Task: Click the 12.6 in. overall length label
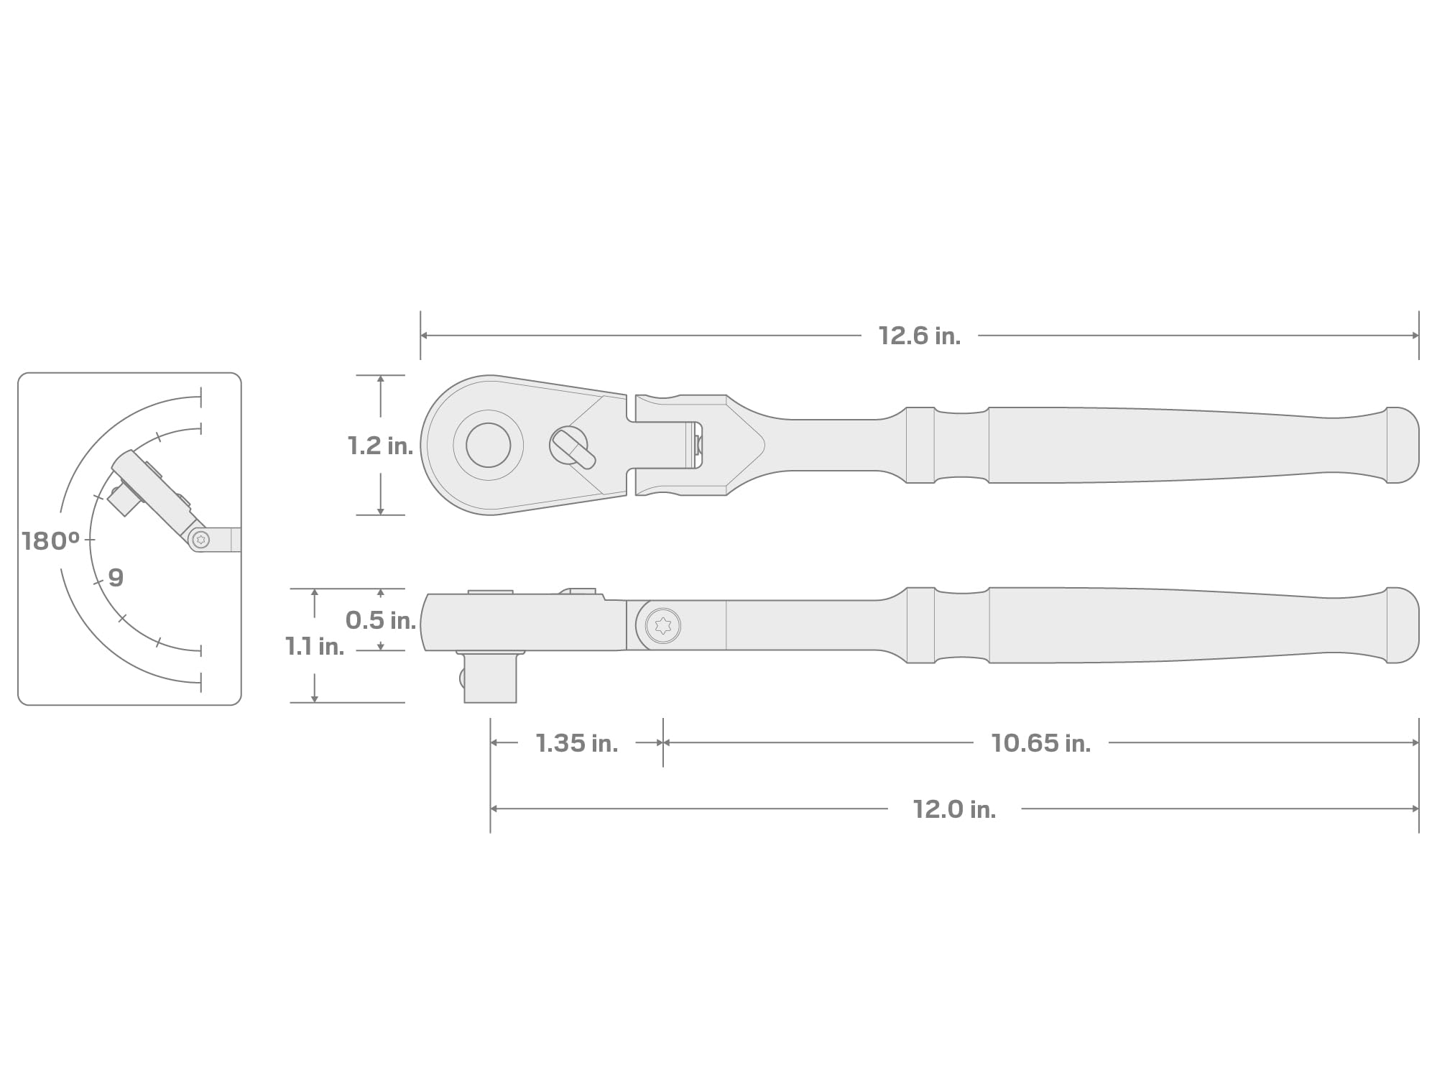click(920, 336)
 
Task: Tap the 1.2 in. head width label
click(380, 446)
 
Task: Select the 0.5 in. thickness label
click(381, 620)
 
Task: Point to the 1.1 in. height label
click(315, 646)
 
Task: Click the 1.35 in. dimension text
click(577, 743)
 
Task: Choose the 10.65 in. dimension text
click(1041, 743)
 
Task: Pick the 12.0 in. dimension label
click(954, 809)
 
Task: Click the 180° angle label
click(50, 541)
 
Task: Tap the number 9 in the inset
click(116, 577)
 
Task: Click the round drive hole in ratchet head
click(489, 445)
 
